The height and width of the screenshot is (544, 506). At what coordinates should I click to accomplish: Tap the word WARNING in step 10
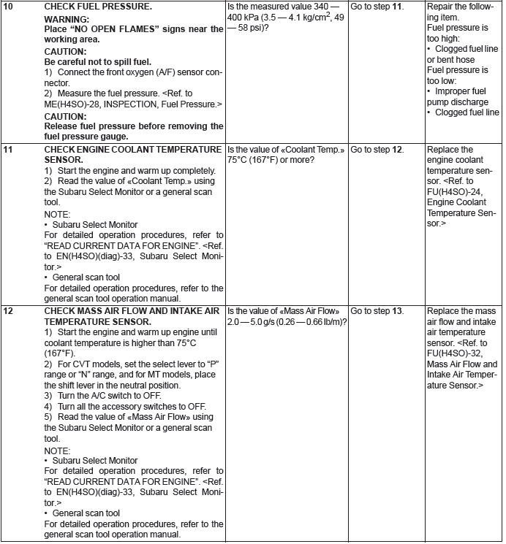[x=67, y=18]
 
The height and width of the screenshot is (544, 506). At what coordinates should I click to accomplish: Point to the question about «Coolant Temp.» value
[x=286, y=155]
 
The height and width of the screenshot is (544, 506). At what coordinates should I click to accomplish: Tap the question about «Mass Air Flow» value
[x=287, y=316]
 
